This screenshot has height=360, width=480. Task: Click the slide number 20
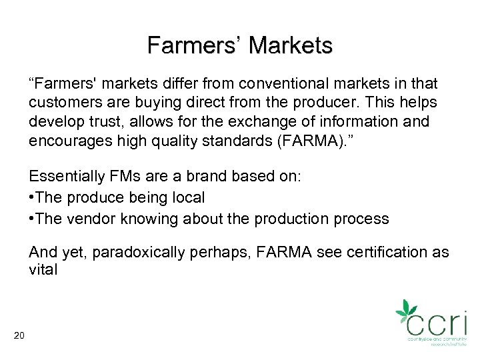[x=19, y=335]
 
